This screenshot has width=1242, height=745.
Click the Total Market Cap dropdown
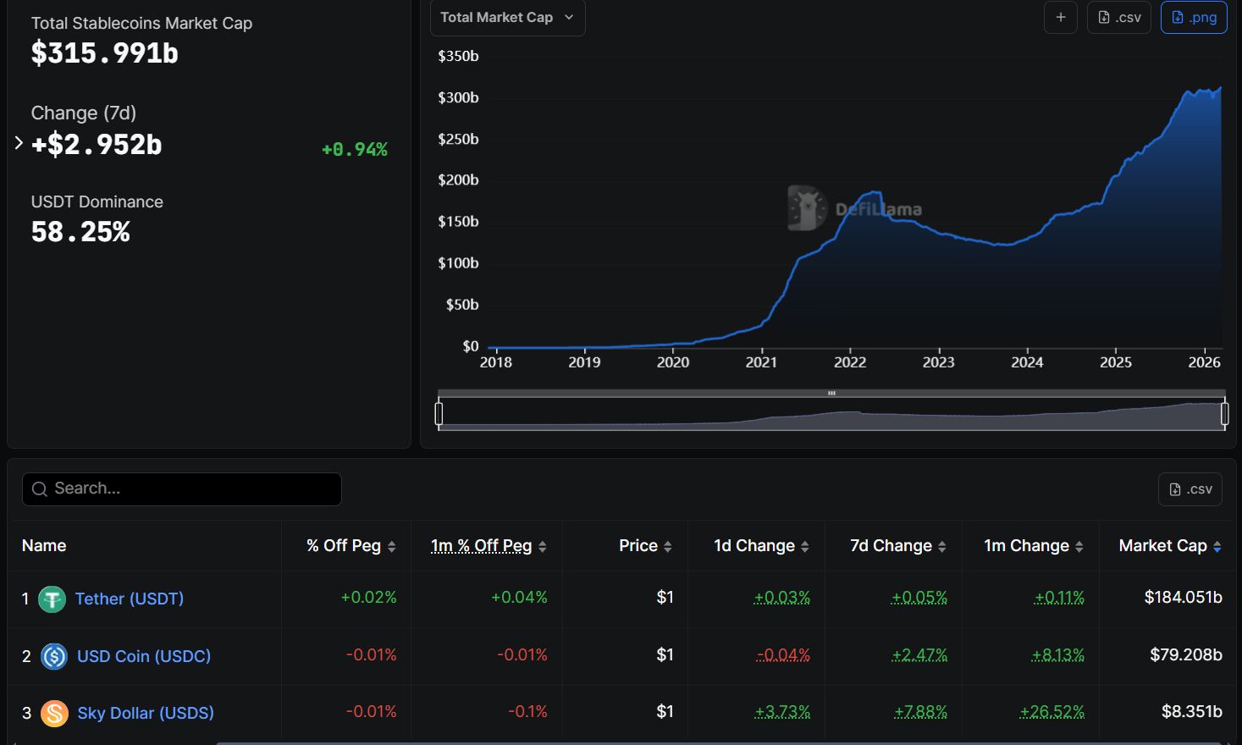(x=507, y=17)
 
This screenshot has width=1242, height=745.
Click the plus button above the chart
(x=1060, y=17)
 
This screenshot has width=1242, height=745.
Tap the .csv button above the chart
(x=1118, y=17)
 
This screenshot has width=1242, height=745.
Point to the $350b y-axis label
(x=458, y=56)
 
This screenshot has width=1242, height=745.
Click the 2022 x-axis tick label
(x=849, y=362)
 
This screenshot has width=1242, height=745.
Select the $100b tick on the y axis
(x=458, y=263)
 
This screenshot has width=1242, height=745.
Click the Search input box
(x=182, y=488)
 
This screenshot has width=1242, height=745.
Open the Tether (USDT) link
(x=129, y=599)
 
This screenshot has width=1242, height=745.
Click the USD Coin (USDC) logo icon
(x=54, y=656)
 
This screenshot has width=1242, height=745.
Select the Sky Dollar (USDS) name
(x=145, y=713)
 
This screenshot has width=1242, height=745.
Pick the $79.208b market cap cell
(x=1185, y=654)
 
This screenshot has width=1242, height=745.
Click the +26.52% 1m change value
(x=1052, y=711)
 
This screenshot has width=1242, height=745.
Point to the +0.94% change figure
(x=355, y=150)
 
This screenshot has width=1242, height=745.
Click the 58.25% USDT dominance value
(x=80, y=231)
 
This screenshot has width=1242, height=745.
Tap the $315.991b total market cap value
(x=104, y=53)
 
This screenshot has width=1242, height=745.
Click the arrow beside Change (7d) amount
(x=19, y=143)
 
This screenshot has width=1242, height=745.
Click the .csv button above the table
(x=1190, y=489)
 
